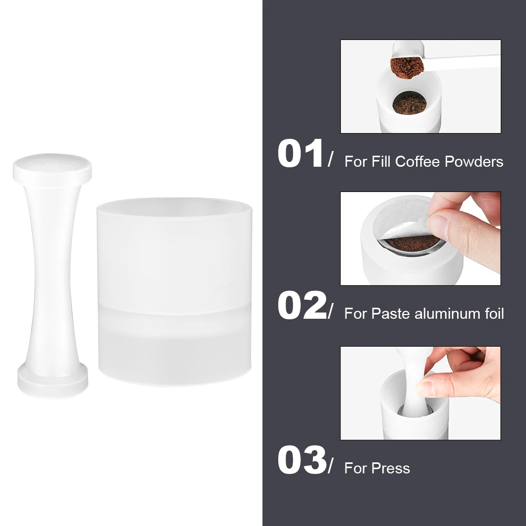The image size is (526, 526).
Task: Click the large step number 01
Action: pos(300,154)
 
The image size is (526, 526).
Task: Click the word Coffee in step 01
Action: pos(417,161)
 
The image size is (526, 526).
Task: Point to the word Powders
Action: pos(474,161)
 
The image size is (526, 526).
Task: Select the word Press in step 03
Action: pos(391,468)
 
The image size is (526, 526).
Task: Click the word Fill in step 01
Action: pos(381,161)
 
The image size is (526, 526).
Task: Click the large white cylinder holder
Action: pos(175,292)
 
